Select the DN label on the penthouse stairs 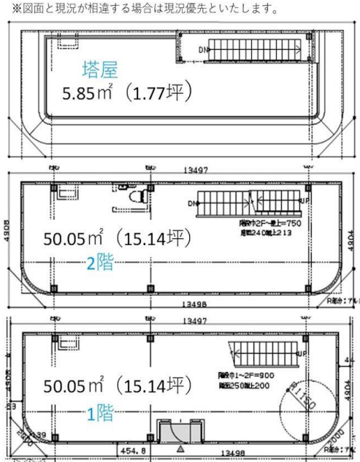pos(204,50)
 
